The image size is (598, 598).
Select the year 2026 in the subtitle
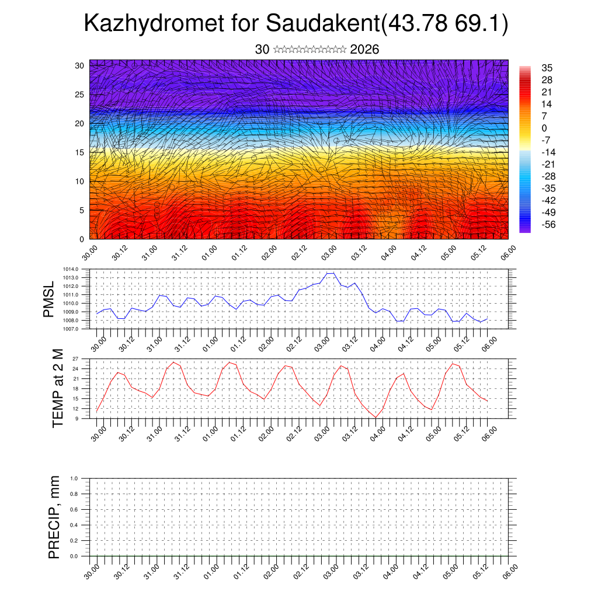(364, 50)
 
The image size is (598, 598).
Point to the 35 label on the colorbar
(547, 68)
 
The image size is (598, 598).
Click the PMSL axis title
(50, 298)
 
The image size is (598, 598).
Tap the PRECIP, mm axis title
(54, 517)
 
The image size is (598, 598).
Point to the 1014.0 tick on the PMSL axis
(72, 269)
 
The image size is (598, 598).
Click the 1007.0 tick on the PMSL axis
(72, 329)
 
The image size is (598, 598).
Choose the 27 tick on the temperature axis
(76, 359)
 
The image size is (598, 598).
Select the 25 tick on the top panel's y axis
(80, 94)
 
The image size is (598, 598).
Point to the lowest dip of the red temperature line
(376, 417)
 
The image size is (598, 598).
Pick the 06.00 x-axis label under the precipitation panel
(509, 571)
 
